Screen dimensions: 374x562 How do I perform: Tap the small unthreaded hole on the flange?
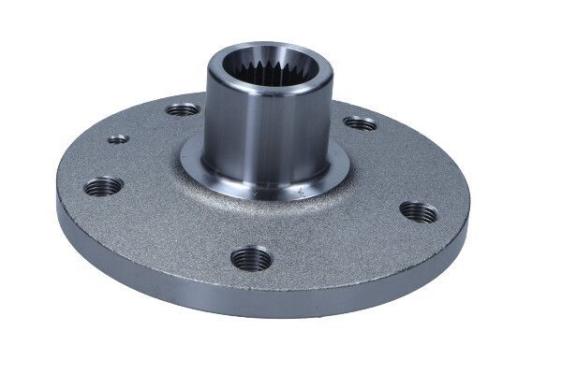pos(118,139)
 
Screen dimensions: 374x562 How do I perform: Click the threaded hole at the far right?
pos(418,212)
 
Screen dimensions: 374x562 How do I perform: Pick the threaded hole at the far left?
pos(102,186)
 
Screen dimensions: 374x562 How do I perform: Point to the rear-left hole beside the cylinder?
pos(183,109)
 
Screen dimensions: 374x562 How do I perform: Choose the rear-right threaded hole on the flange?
pos(360,122)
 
